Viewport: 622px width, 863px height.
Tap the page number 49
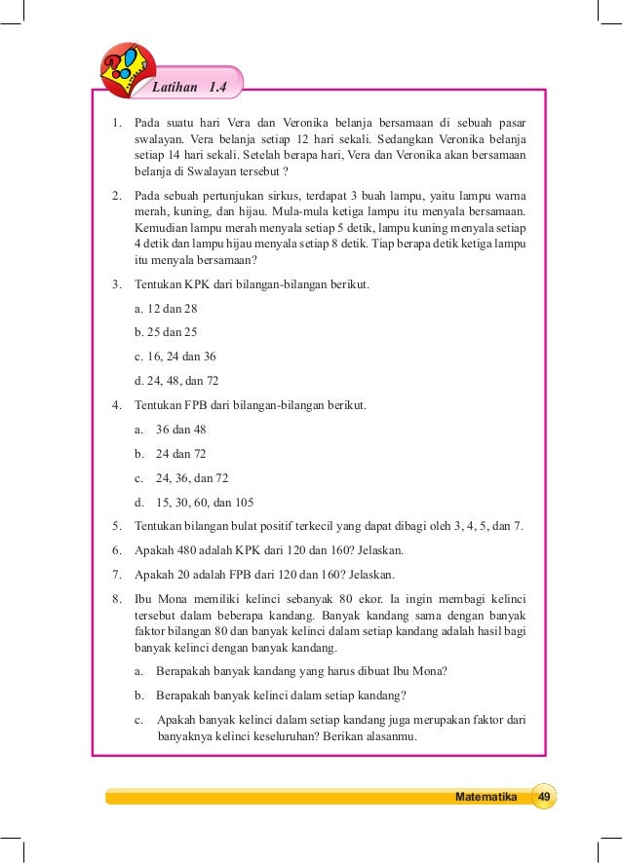545,797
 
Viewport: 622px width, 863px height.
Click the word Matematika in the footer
486,797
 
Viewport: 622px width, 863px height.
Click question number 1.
117,123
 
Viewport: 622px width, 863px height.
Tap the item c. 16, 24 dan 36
175,356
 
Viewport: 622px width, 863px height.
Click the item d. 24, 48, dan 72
177,381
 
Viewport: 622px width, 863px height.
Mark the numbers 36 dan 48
181,430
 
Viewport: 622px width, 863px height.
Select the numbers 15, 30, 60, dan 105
205,503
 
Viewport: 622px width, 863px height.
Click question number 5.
117,527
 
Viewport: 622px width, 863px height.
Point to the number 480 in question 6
191,549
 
